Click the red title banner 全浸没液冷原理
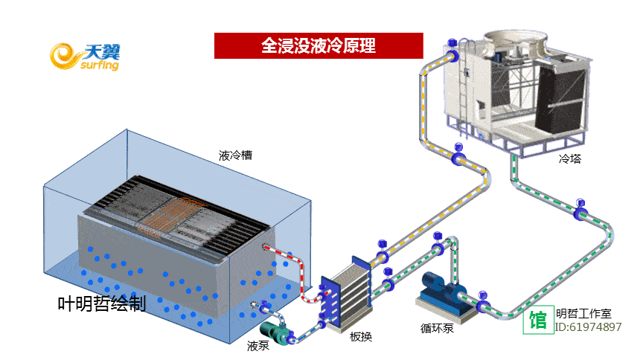(x=319, y=45)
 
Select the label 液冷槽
(x=235, y=156)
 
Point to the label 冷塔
(x=570, y=158)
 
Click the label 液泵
(x=258, y=346)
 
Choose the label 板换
(x=361, y=336)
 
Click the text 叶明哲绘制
(x=102, y=303)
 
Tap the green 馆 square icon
(x=538, y=321)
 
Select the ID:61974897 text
(x=589, y=327)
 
